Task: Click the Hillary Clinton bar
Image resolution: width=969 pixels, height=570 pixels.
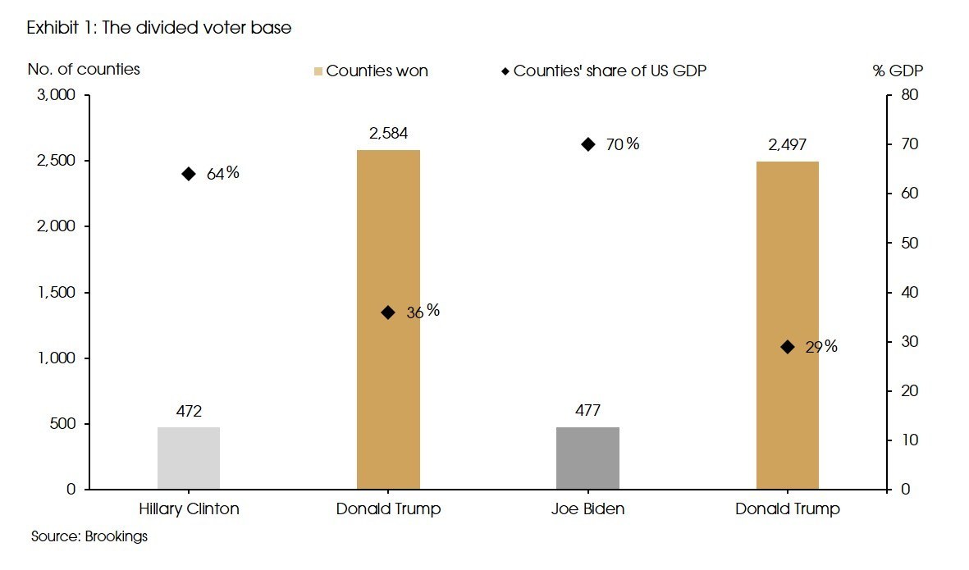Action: pyautogui.click(x=189, y=458)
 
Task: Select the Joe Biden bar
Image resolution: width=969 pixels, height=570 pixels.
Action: pyautogui.click(x=587, y=458)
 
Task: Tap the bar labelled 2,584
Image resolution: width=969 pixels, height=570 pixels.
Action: pyautogui.click(x=388, y=320)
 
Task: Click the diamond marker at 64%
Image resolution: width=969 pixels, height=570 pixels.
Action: pyautogui.click(x=189, y=174)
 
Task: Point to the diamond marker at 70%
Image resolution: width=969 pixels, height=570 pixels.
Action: pyautogui.click(x=587, y=144)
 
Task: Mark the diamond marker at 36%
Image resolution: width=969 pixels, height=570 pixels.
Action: pyautogui.click(x=388, y=312)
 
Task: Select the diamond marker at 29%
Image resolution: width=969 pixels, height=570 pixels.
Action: pyautogui.click(x=788, y=347)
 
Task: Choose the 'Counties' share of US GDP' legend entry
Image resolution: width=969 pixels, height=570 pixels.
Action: pyautogui.click(x=604, y=71)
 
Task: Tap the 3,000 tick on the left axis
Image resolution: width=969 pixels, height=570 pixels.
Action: pyautogui.click(x=57, y=95)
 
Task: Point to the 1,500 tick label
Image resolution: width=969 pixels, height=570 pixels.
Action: pyautogui.click(x=57, y=293)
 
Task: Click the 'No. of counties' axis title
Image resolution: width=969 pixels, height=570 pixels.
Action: pyautogui.click(x=84, y=69)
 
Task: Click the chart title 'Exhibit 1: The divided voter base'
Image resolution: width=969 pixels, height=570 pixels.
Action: pyautogui.click(x=159, y=28)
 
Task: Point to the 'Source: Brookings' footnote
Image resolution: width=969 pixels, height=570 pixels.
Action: pyautogui.click(x=89, y=537)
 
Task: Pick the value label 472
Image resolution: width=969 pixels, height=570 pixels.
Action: pyautogui.click(x=189, y=412)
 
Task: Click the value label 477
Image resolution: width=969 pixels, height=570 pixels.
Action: pyautogui.click(x=587, y=412)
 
